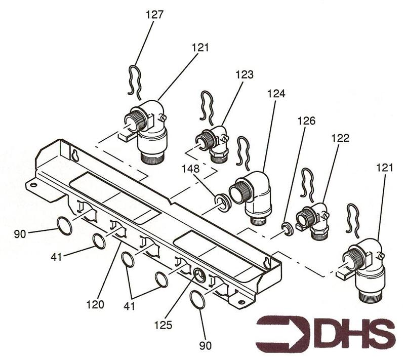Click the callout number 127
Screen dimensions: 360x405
155,15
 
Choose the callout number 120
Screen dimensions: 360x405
95,304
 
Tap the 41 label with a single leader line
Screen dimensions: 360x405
56,257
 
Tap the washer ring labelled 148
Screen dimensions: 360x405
223,202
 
